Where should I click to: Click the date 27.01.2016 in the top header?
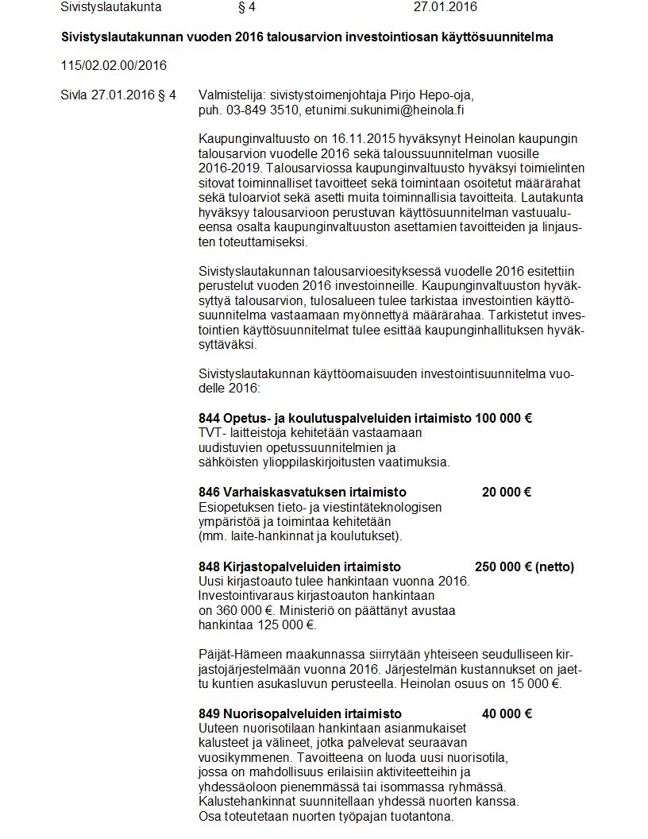point(445,7)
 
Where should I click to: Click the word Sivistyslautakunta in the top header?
point(110,7)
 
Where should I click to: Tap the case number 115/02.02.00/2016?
point(114,64)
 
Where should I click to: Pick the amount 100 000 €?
point(503,418)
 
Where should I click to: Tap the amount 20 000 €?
point(507,493)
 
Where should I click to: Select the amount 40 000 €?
point(507,713)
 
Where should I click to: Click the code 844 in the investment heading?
point(209,418)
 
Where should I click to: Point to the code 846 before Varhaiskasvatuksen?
point(209,493)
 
